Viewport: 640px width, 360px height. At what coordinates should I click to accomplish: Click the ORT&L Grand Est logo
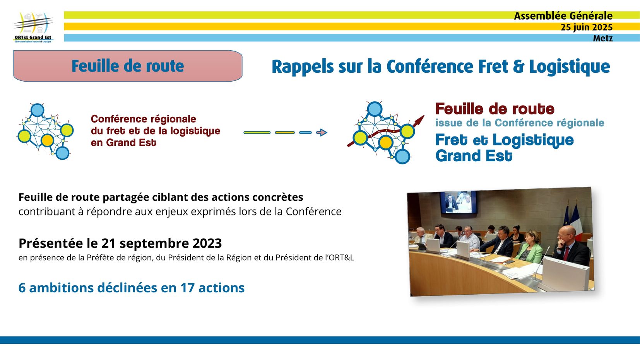click(33, 27)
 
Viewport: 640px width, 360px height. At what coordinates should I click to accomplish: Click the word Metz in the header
click(602, 38)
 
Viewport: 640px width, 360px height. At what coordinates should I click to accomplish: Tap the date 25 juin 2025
click(587, 27)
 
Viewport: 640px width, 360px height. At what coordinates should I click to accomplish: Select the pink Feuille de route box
click(128, 66)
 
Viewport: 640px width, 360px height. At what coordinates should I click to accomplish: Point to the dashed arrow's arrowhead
click(322, 133)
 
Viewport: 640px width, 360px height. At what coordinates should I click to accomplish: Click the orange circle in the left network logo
click(47, 140)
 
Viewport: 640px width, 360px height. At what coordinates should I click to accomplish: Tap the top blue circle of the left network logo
click(37, 110)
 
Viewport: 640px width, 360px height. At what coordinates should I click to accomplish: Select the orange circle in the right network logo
click(386, 142)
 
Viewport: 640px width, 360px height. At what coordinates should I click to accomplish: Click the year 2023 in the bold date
click(207, 243)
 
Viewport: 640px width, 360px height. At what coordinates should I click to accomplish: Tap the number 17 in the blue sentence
click(187, 288)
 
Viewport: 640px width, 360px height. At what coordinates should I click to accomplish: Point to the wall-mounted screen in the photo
click(458, 202)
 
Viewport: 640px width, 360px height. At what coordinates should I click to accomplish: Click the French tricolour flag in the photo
click(576, 221)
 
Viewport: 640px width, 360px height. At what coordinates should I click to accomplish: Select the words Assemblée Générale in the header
click(563, 16)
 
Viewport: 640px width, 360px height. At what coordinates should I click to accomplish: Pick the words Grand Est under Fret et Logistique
click(474, 156)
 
